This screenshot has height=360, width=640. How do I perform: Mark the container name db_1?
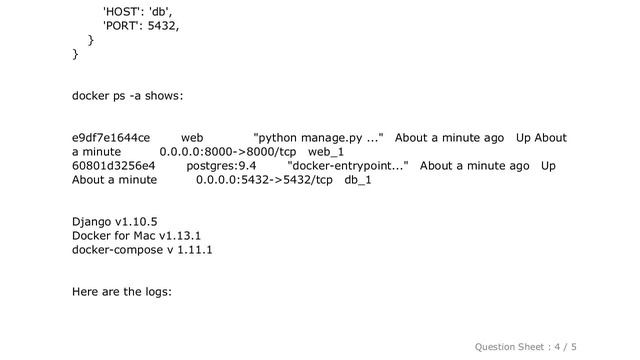tap(358, 180)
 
